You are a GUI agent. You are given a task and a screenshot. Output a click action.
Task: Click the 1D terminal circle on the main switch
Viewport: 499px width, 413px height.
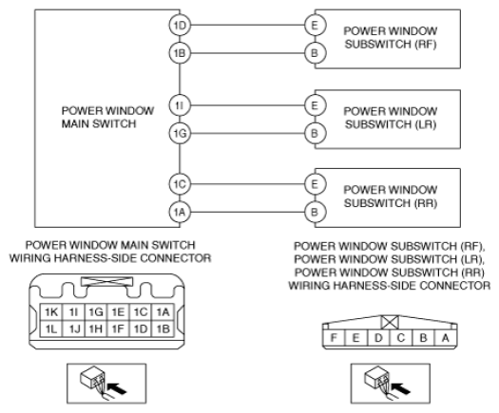point(180,25)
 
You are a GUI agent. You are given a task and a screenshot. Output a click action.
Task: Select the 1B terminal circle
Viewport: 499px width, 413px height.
point(180,53)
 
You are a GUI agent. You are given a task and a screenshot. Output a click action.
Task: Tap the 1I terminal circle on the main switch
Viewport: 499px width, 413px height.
point(180,105)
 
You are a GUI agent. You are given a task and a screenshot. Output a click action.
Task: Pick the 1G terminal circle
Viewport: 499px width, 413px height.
point(180,134)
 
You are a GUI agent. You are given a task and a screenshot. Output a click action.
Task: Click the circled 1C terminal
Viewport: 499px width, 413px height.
point(180,184)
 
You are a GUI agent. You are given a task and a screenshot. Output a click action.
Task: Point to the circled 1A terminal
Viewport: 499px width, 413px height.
point(180,212)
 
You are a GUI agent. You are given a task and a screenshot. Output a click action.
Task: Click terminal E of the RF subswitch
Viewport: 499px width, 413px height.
point(315,25)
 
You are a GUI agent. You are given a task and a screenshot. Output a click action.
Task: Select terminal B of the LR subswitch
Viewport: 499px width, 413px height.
point(315,134)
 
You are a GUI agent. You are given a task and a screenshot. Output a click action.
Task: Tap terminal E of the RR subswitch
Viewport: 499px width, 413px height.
point(315,184)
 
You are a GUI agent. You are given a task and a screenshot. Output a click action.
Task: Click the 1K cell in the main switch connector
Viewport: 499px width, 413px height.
point(51,312)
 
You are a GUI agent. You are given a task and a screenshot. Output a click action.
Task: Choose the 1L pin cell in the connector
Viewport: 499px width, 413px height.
point(51,329)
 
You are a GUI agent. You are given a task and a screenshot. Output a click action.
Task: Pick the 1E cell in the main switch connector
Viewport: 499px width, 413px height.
point(118,312)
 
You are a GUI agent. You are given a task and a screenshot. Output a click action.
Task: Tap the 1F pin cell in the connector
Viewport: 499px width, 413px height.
point(118,329)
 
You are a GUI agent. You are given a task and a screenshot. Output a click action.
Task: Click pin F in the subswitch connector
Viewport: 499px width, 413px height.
point(334,338)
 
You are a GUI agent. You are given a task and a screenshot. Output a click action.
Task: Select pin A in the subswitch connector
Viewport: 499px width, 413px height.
point(446,338)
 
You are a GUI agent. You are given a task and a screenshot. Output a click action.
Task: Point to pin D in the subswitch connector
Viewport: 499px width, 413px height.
point(378,338)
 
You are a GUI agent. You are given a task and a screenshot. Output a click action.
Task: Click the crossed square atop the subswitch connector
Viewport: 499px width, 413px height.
point(390,323)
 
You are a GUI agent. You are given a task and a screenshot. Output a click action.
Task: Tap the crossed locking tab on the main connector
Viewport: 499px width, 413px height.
point(106,281)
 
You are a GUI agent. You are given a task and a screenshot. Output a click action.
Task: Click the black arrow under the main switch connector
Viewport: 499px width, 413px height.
point(117,388)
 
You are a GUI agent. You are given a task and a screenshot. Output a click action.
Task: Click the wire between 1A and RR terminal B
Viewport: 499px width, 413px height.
point(247,212)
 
